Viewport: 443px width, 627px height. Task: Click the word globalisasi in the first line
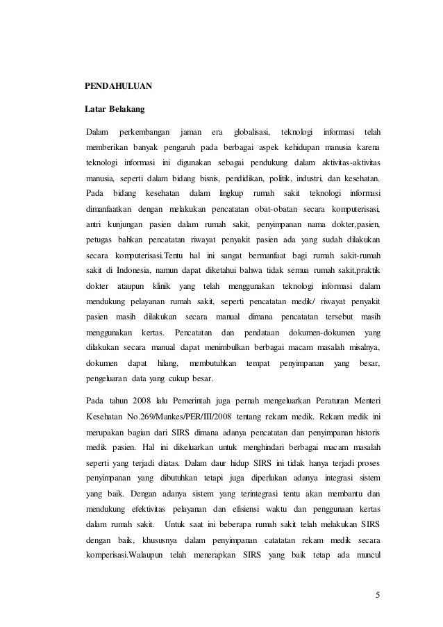[x=252, y=132]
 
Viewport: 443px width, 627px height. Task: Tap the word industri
[x=309, y=177]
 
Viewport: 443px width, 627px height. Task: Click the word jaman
[x=190, y=132]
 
